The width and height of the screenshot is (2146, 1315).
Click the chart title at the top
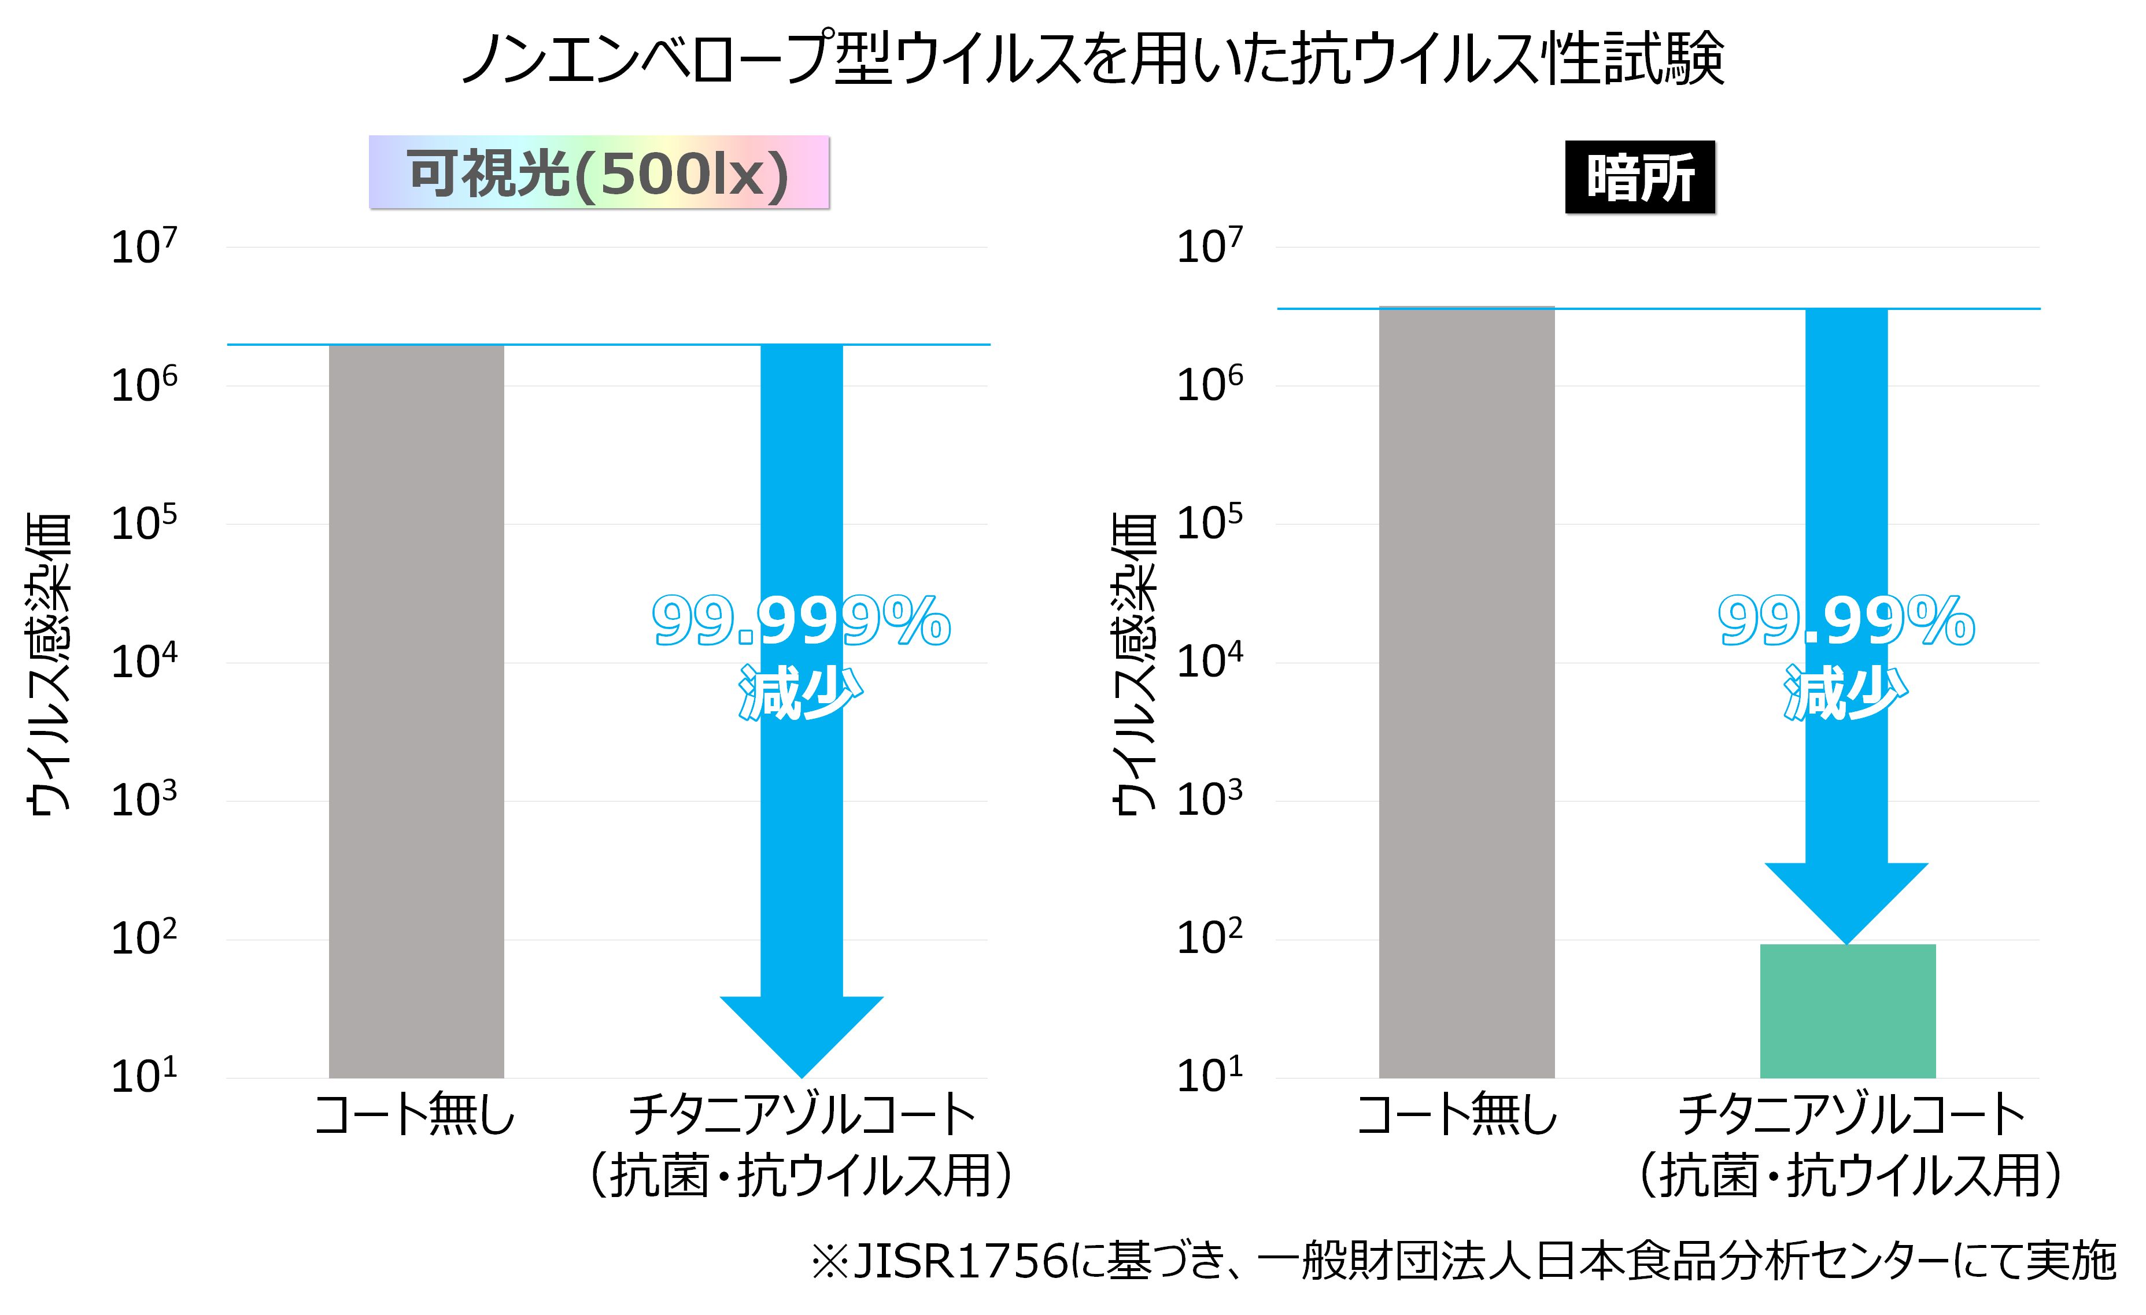[1092, 59]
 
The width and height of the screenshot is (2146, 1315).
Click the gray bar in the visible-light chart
[416, 711]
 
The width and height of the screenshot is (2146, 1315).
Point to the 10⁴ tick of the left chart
[144, 662]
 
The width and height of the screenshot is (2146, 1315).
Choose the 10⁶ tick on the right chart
[1210, 385]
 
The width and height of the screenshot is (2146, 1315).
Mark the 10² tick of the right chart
[1210, 939]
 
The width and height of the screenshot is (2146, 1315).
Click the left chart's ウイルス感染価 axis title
[48, 664]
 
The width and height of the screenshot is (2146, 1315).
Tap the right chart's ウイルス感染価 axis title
[1135, 664]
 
